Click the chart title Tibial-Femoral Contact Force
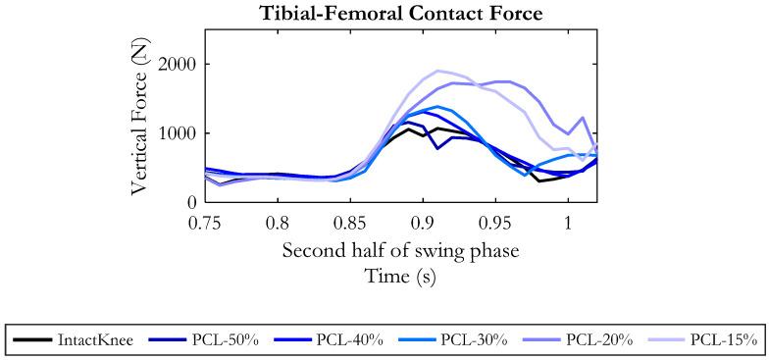click(x=400, y=13)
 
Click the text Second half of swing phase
click(x=400, y=250)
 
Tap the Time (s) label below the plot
click(x=400, y=277)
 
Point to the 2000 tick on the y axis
click(x=178, y=65)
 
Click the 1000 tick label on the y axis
click(x=178, y=133)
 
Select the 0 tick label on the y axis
click(x=192, y=202)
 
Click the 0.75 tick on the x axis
click(x=205, y=223)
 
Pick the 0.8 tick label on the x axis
click(x=278, y=223)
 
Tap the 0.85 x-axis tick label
click(x=350, y=223)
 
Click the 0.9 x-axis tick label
click(x=423, y=223)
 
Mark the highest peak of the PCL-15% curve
click(x=438, y=71)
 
